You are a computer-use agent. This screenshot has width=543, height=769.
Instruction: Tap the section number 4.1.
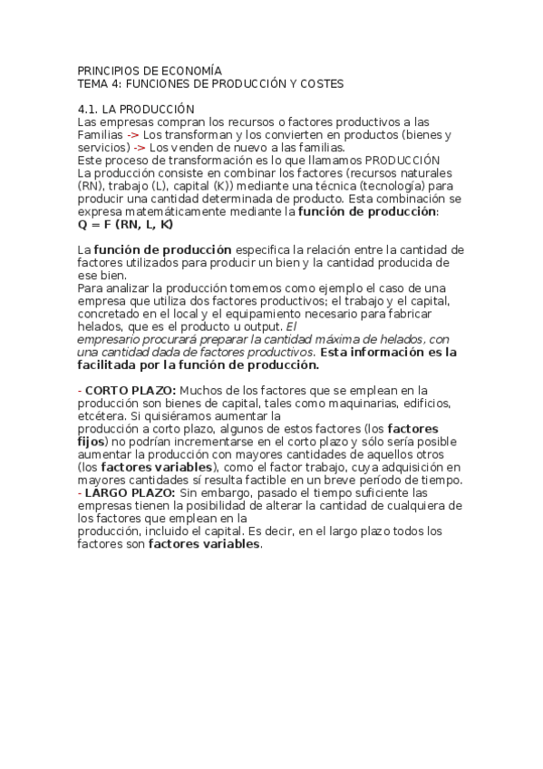pyautogui.click(x=89, y=109)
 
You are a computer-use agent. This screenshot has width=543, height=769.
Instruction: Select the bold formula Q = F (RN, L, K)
pyautogui.click(x=125, y=224)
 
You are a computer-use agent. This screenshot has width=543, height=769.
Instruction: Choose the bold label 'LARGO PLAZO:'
pyautogui.click(x=124, y=492)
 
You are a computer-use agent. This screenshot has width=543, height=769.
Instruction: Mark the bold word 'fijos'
pyautogui.click(x=91, y=442)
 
